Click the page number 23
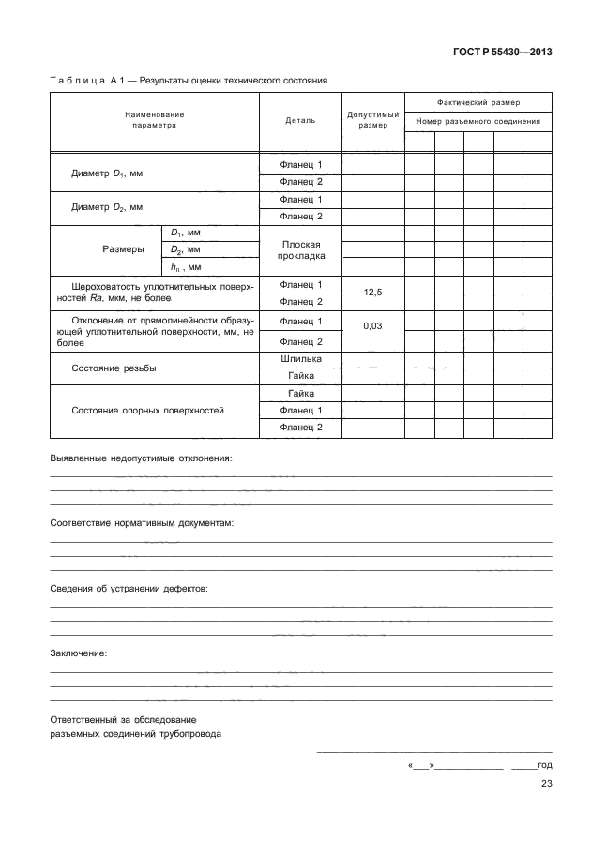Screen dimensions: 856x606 click(x=546, y=785)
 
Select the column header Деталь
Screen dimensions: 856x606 click(x=300, y=120)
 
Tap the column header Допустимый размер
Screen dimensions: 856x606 click(x=372, y=120)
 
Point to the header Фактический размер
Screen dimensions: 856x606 click(x=478, y=101)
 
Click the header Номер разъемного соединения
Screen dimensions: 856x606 click(x=478, y=121)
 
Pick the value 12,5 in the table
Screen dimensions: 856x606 click(x=372, y=293)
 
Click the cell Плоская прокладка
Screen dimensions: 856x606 click(x=300, y=250)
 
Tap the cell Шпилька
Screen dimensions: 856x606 click(x=300, y=358)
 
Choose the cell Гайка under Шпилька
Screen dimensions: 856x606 click(x=300, y=375)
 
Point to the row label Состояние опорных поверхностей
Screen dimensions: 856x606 click(x=147, y=411)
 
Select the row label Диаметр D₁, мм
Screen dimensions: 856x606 click(x=107, y=174)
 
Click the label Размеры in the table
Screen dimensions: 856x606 click(x=122, y=250)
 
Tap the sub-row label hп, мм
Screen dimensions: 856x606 click(x=187, y=267)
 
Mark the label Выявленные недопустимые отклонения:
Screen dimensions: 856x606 click(x=140, y=458)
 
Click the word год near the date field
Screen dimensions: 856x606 click(x=544, y=766)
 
